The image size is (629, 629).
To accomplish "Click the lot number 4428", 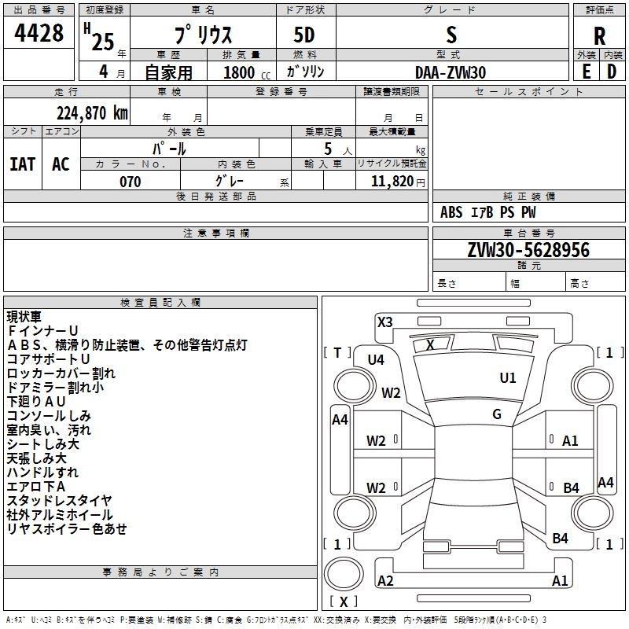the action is point(39,32).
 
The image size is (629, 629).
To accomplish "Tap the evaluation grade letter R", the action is point(599,36).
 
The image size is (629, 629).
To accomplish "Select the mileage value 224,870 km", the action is point(92,113).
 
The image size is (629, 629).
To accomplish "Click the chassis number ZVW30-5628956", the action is point(528,249).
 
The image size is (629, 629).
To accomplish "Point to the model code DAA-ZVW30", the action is point(451,72).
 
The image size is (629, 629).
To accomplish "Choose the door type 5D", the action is point(304,35).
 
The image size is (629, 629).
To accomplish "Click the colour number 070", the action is point(131,182).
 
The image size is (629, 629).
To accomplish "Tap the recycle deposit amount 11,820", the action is point(392,182).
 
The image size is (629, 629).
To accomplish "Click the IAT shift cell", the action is point(22,164).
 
